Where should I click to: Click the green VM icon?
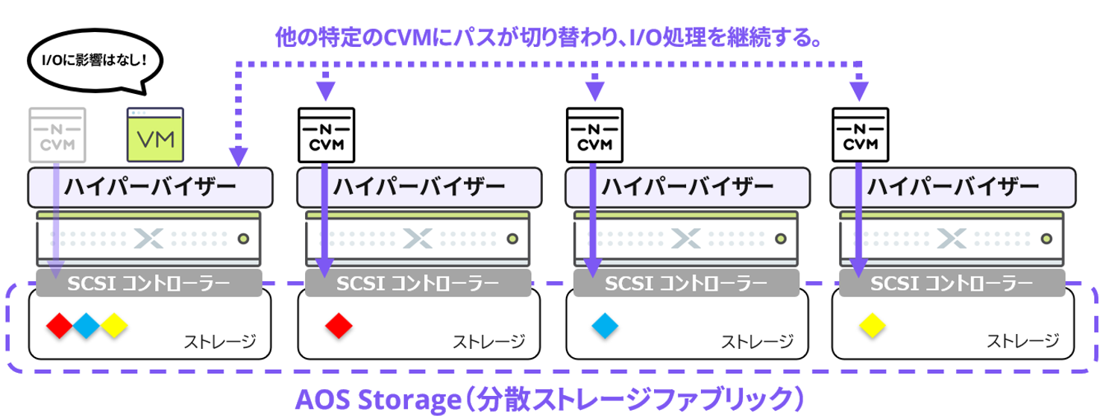click(x=155, y=134)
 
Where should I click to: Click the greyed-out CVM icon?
click(x=57, y=134)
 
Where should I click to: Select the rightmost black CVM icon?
click(x=859, y=134)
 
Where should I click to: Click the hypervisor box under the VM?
click(x=149, y=186)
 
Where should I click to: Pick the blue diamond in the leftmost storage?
click(x=87, y=324)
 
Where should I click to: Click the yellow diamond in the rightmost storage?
click(x=870, y=324)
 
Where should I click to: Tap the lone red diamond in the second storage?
click(x=339, y=324)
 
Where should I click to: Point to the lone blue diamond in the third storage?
click(x=606, y=324)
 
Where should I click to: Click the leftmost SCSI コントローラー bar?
click(x=149, y=283)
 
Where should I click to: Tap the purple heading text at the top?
click(x=550, y=36)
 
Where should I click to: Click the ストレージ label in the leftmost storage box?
click(x=220, y=341)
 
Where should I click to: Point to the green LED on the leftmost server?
click(x=242, y=239)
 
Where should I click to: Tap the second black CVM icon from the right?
click(x=593, y=134)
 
